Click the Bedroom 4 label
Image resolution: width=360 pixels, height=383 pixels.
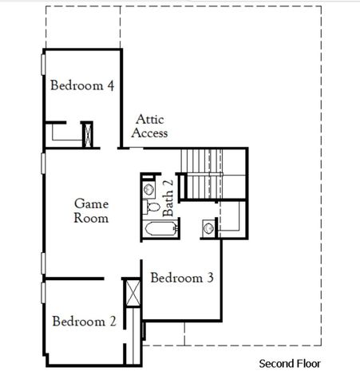[81, 85]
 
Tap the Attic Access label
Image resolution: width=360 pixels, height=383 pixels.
[149, 126]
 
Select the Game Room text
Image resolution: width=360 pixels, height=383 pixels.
[91, 211]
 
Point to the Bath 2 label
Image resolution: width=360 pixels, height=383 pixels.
[168, 197]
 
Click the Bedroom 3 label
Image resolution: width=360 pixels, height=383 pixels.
[182, 278]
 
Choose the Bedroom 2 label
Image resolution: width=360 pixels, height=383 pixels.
[85, 322]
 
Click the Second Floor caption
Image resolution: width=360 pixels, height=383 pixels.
[290, 365]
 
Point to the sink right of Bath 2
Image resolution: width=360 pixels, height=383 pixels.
[209, 228]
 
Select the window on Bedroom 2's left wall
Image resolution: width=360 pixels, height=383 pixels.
[43, 291]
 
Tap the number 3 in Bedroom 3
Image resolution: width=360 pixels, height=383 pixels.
[209, 278]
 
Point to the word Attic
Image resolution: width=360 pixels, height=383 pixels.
[149, 119]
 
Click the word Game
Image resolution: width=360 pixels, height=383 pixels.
[91, 203]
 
